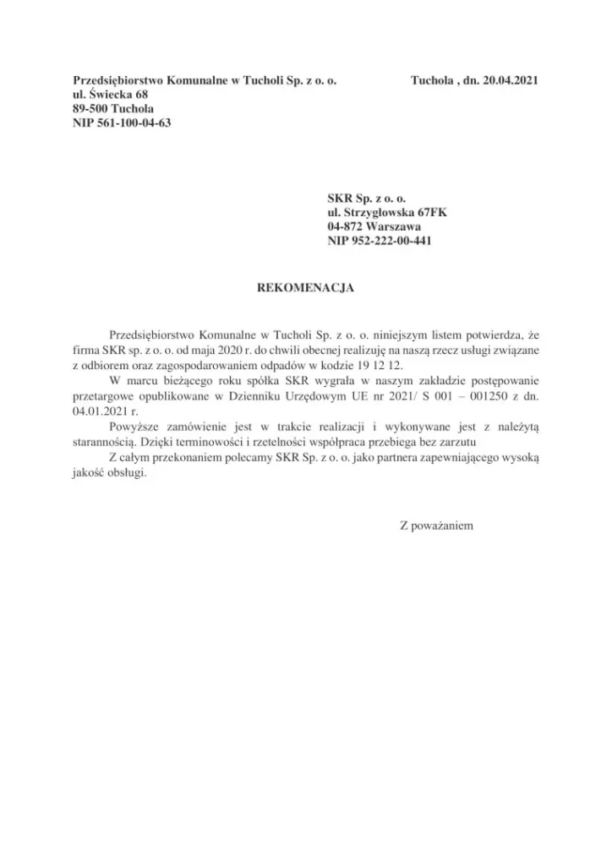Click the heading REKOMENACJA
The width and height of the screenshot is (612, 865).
tap(305, 287)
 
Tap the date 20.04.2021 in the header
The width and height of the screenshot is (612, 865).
tap(506, 81)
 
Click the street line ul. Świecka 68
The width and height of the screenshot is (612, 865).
tap(111, 95)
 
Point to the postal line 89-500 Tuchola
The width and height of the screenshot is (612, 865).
tap(113, 109)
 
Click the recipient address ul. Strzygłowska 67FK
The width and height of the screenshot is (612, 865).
tap(387, 213)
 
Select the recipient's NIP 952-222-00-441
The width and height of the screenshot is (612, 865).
tap(382, 242)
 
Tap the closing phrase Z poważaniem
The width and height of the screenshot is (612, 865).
tap(435, 525)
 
